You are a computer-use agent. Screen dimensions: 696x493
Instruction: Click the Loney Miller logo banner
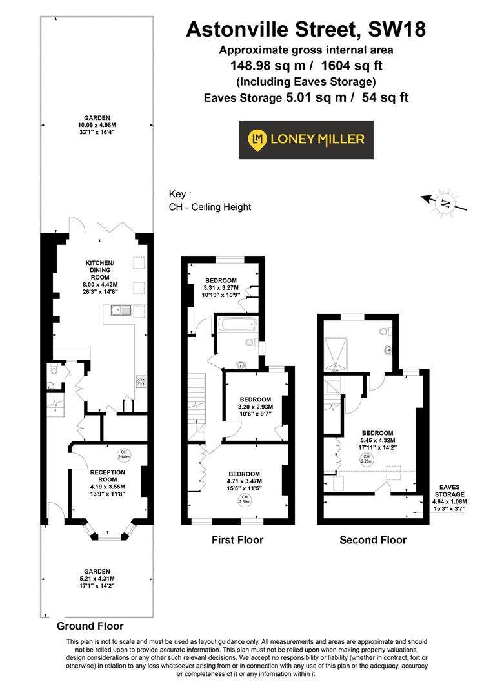coord(306,139)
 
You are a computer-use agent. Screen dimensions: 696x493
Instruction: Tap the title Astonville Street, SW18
coord(306,29)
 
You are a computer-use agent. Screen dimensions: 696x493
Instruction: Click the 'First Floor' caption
coord(237,540)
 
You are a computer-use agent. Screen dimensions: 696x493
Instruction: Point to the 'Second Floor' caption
coord(373,540)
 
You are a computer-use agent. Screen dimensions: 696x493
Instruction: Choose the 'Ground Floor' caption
coord(90,626)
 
